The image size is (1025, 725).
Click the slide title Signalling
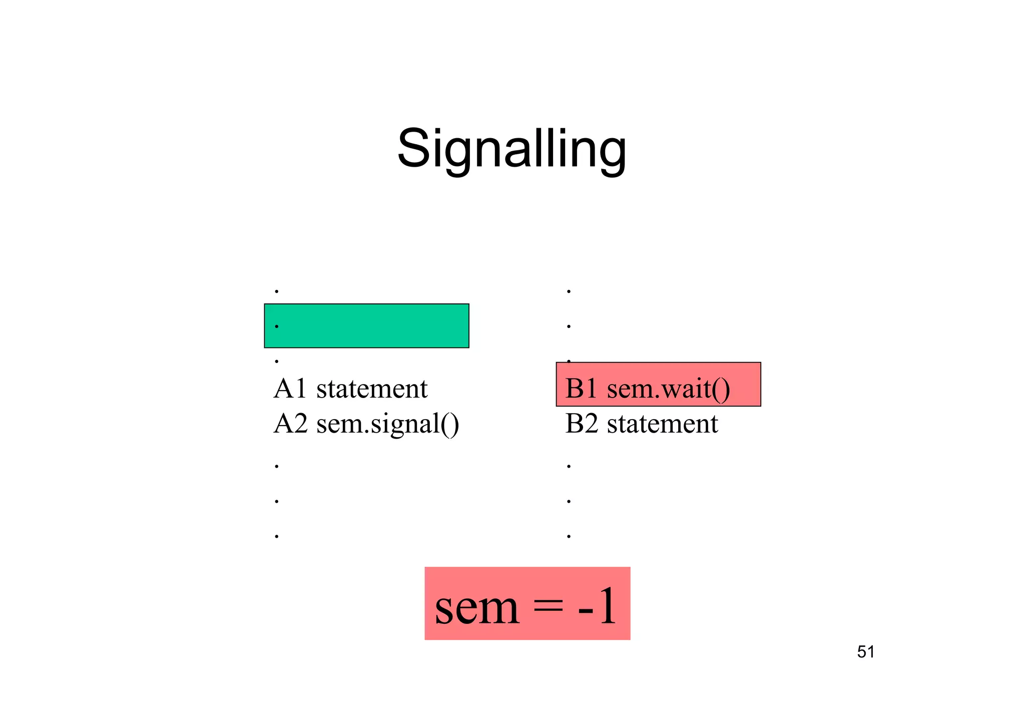coord(511,149)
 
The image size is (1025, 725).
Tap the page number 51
coord(866,652)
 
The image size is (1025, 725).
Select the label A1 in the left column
coord(290,389)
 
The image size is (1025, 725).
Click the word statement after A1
coord(372,389)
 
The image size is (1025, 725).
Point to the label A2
coord(290,424)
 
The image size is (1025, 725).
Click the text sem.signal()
coord(387,425)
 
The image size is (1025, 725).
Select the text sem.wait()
coord(668,389)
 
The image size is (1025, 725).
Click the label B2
coord(582,424)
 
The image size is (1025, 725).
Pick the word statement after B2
coord(662,424)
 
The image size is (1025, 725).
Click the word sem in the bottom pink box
coord(477,607)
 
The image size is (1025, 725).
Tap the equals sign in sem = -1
coord(548,607)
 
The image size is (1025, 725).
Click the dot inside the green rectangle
coord(277,326)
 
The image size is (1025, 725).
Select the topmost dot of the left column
coord(277,291)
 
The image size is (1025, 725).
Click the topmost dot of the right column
coord(569,291)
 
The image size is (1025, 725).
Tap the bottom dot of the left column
coord(277,537)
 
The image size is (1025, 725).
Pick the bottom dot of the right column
coord(569,537)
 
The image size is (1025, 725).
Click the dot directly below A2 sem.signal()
coord(277,467)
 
